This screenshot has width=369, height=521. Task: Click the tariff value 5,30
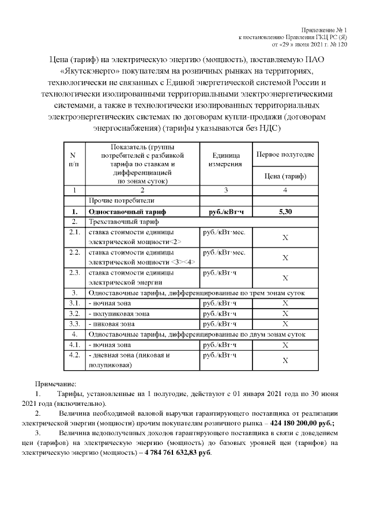pos(285,211)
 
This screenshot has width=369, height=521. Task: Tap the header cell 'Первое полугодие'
pos(285,155)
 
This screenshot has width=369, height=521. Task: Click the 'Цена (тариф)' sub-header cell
pos(285,176)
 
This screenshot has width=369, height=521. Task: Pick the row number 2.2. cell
pos(74,253)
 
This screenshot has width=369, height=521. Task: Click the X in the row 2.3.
pos(285,277)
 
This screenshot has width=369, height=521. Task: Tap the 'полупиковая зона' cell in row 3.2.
pos(119,314)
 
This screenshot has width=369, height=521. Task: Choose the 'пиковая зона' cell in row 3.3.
pos(112,324)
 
